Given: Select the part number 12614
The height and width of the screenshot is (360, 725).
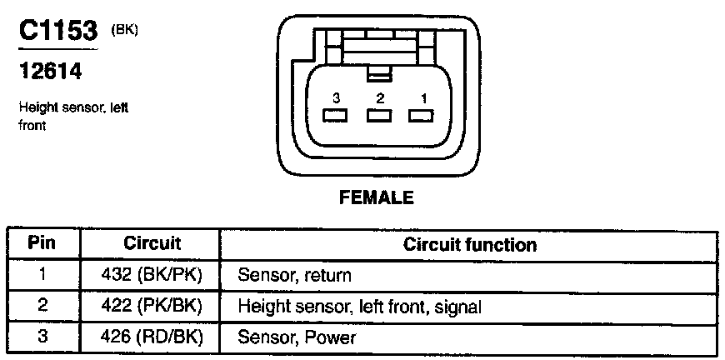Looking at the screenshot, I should [x=50, y=72].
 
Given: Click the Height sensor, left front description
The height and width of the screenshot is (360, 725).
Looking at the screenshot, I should [x=72, y=117].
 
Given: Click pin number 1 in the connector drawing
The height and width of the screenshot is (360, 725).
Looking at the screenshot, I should [x=423, y=98].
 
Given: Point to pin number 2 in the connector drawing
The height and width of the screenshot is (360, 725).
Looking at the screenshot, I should [x=380, y=98].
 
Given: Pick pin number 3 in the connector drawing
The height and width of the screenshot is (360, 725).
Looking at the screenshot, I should [x=336, y=98].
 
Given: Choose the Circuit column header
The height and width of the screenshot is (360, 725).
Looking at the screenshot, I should [x=152, y=244].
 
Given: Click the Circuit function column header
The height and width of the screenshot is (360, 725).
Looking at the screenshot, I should [x=469, y=245].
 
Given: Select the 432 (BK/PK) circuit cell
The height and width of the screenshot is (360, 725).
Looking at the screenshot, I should [x=152, y=275].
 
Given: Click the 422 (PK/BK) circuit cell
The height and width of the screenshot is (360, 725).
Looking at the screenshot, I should [x=152, y=307].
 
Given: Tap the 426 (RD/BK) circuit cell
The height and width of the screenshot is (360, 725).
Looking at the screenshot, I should [x=152, y=337].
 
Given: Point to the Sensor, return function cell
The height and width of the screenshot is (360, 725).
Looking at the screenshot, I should [x=294, y=275].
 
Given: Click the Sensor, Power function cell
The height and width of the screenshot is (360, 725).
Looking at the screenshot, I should [x=297, y=337].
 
